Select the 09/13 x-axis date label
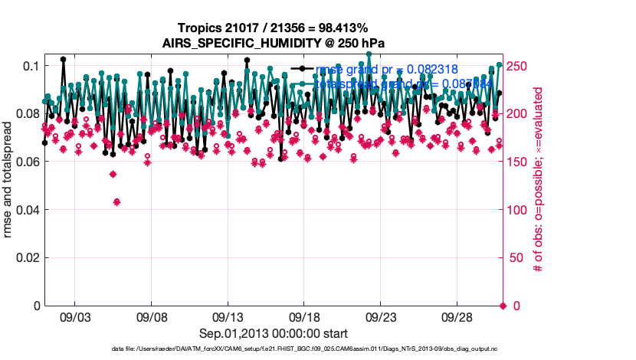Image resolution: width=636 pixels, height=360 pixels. pyautogui.click(x=228, y=316)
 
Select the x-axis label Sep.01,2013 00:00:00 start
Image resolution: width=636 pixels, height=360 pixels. pyautogui.click(x=274, y=333)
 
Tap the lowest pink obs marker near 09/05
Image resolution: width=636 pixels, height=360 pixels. pyautogui.click(x=116, y=201)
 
